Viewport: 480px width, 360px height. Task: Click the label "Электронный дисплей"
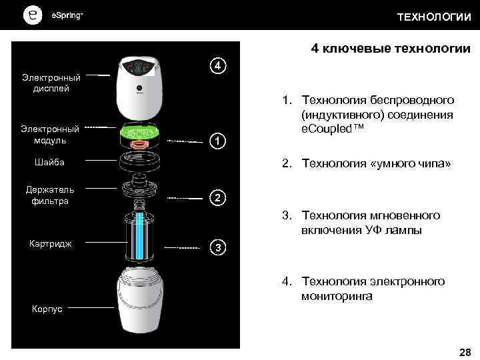point(47,83)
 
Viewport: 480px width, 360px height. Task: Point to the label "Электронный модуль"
point(47,135)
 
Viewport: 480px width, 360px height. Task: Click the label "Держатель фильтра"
point(46,195)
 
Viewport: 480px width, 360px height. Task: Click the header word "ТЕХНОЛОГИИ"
point(434,17)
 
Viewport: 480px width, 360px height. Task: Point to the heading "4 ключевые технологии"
point(391,49)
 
